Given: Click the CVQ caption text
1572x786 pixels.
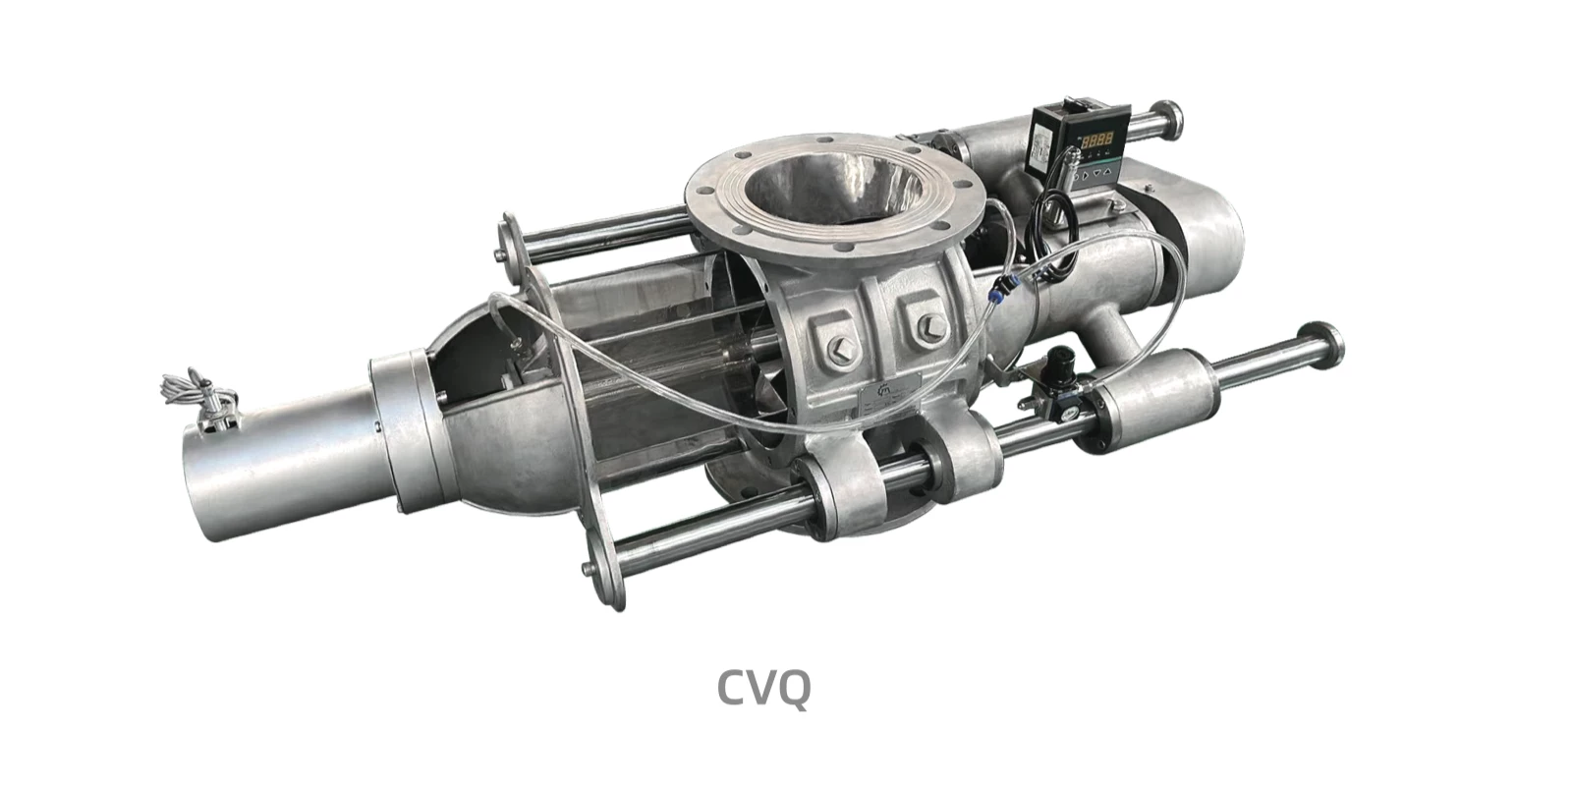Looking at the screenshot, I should click(x=763, y=687).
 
